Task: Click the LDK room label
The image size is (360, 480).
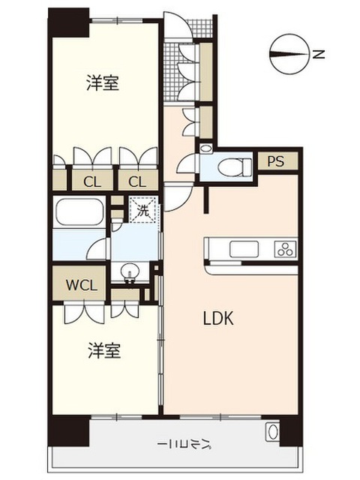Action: click(218, 318)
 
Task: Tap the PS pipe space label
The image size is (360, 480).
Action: click(276, 161)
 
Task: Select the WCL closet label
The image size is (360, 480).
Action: click(82, 285)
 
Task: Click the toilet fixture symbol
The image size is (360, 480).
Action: click(235, 167)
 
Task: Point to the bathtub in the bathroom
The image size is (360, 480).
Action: click(79, 212)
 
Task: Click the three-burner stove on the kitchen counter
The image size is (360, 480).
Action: click(286, 248)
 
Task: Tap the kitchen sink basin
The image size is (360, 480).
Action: click(244, 249)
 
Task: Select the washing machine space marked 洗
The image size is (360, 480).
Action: click(143, 210)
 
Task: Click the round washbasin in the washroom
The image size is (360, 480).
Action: click(130, 271)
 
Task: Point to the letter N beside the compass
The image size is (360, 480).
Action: click(319, 55)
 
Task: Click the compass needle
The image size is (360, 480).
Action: click(288, 55)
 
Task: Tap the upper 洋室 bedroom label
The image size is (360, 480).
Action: click(103, 82)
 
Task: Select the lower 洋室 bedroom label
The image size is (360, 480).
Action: click(104, 350)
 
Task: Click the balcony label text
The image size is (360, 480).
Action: click(184, 444)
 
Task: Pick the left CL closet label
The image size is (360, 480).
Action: click(91, 182)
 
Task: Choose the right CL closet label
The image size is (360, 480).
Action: click(137, 182)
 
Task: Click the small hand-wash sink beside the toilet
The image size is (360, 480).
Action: click(205, 148)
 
